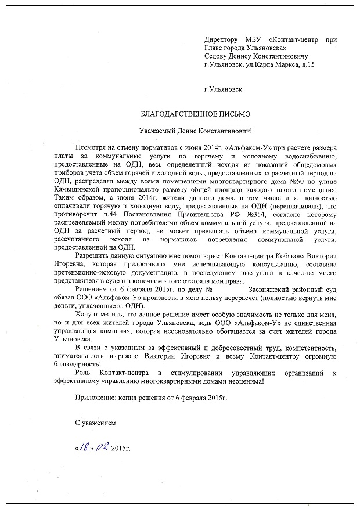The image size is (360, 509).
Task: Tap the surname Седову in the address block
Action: click(x=218, y=56)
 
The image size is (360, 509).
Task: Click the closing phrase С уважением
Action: click(x=96, y=424)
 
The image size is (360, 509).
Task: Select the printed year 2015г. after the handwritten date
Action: click(x=120, y=449)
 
